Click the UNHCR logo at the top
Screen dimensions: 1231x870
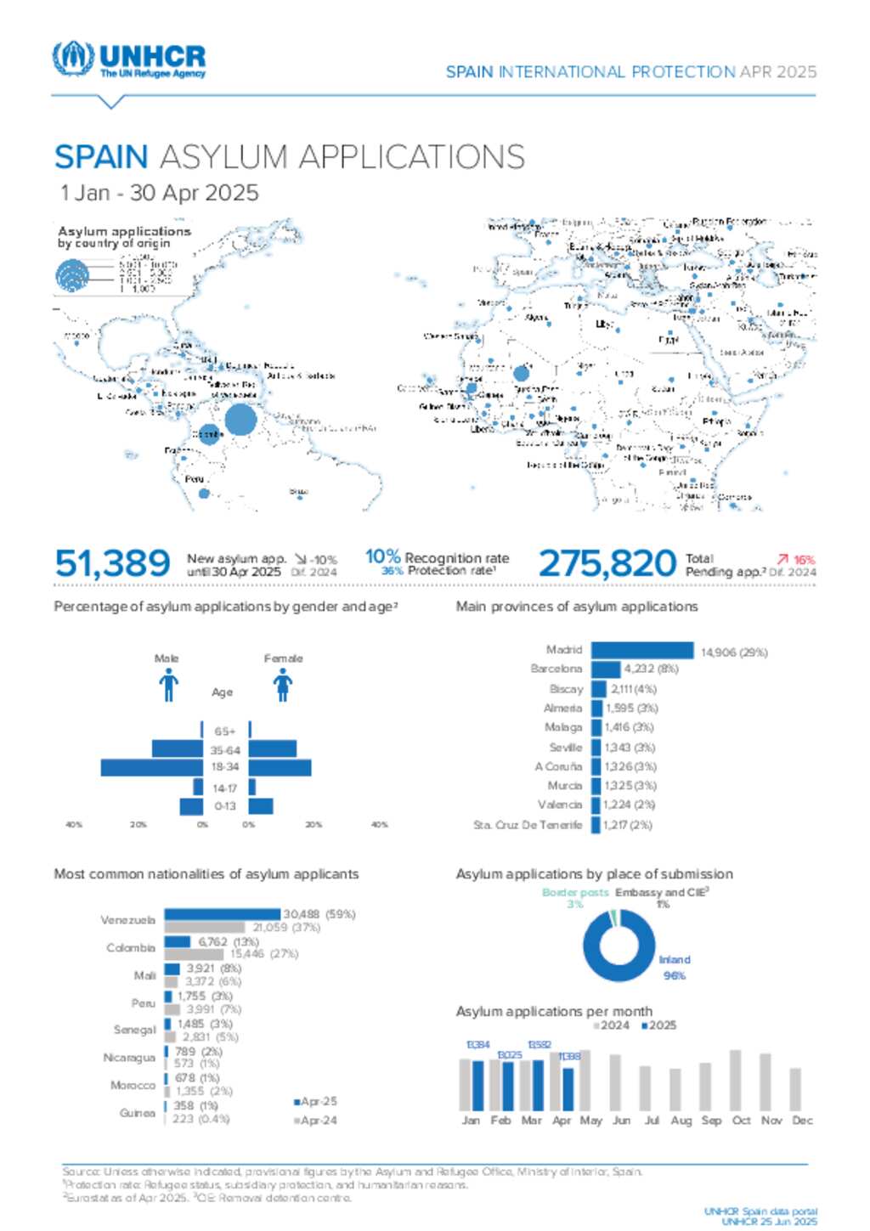tap(129, 59)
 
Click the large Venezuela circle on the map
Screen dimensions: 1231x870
tap(240, 420)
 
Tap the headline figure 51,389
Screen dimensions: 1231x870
tap(112, 563)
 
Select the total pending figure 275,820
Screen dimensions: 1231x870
tap(607, 563)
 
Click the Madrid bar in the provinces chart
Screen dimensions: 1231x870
tap(642, 651)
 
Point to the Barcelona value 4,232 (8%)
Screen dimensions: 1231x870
tap(652, 669)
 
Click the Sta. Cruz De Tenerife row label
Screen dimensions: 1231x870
tap(528, 825)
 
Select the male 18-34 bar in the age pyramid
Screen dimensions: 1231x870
tap(152, 767)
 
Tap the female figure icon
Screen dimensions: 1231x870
tap(283, 685)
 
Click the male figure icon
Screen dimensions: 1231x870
tap(168, 685)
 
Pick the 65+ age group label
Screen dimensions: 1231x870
tap(225, 731)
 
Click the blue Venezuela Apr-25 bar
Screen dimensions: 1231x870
tap(222, 914)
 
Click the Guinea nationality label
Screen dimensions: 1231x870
tap(138, 1113)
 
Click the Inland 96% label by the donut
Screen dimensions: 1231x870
tap(675, 968)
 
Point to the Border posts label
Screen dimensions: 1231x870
tap(575, 893)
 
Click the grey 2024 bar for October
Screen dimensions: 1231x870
tap(736, 1081)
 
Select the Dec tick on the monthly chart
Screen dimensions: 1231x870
tap(802, 1121)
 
